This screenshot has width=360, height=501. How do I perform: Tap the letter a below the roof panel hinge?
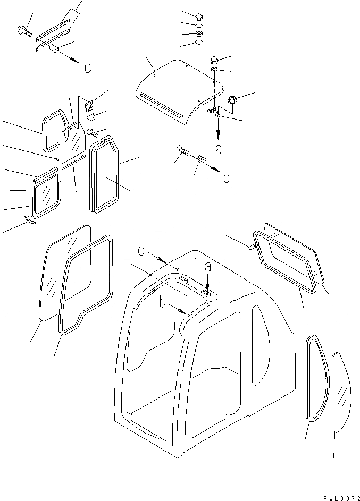(219, 149)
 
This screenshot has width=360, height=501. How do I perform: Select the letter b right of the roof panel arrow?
(226, 177)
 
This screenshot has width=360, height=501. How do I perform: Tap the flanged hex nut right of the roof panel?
(232, 99)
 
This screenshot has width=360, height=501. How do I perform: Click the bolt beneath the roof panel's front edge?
(182, 152)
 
